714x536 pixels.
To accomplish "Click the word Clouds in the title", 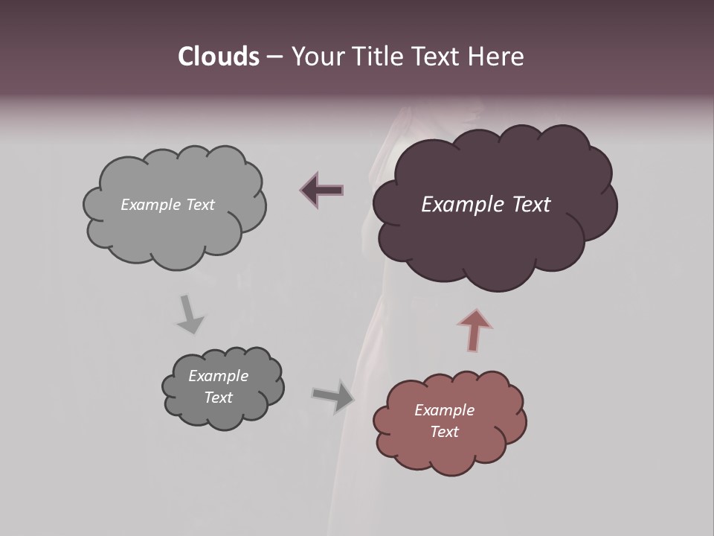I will [218, 57].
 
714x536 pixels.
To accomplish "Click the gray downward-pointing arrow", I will [190, 313].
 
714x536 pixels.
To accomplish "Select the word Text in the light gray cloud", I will [200, 205].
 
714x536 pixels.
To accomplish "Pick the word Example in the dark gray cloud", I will [218, 376].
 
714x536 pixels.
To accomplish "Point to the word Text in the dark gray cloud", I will [218, 398].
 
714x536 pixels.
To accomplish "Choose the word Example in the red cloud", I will [444, 410].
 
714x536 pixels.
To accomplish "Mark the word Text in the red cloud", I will [444, 432].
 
